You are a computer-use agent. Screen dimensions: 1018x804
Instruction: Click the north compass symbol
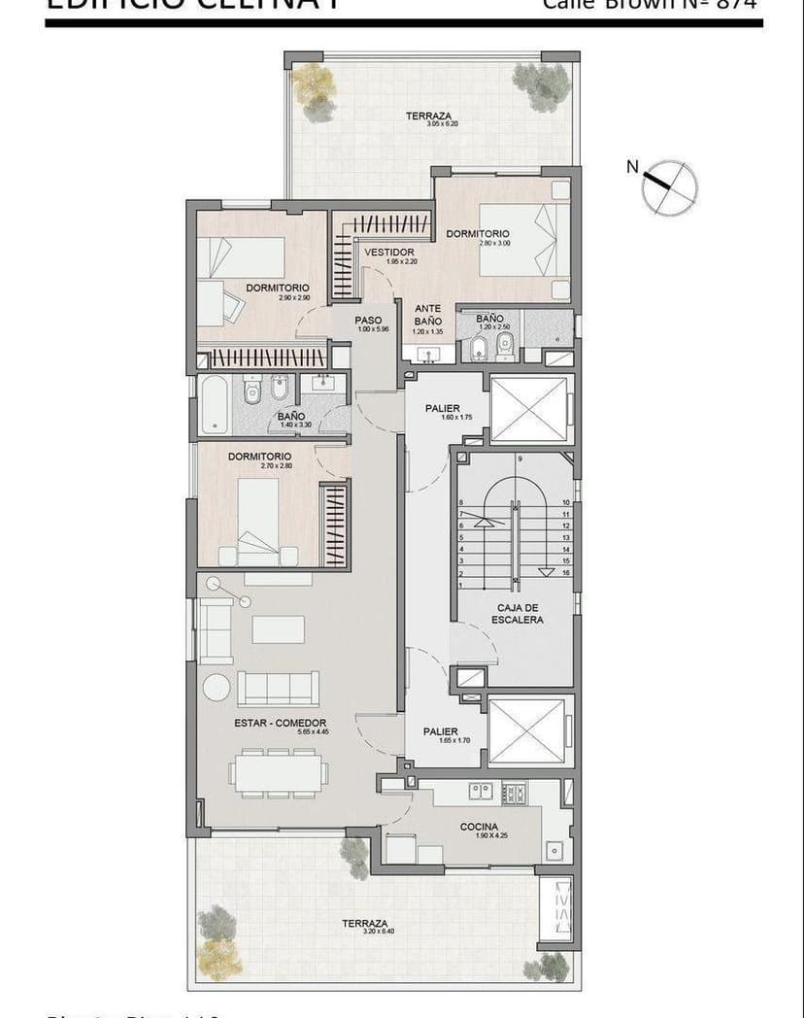670,187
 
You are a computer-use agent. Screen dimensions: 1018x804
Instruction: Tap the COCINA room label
479,828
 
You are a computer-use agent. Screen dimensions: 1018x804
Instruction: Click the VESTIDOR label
389,253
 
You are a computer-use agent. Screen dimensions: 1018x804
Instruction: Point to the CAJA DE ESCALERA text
517,613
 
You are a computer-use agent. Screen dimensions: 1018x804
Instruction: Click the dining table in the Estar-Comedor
278,773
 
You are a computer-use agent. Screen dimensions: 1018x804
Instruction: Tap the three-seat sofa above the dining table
278,688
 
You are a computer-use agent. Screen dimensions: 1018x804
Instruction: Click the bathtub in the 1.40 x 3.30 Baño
214,405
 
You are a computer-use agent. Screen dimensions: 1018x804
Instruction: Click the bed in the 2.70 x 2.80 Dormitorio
258,520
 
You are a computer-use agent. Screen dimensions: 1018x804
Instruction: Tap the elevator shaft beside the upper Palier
531,409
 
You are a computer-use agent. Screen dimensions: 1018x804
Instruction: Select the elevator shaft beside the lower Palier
531,730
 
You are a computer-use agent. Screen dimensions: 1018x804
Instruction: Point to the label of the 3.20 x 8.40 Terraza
365,924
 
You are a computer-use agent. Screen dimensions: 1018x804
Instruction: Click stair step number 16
565,573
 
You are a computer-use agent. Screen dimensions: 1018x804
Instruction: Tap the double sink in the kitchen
481,791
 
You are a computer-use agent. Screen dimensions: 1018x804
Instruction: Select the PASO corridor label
368,321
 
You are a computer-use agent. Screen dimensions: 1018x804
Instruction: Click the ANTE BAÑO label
427,315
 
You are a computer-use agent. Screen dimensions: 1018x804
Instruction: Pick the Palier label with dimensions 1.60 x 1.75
443,409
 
